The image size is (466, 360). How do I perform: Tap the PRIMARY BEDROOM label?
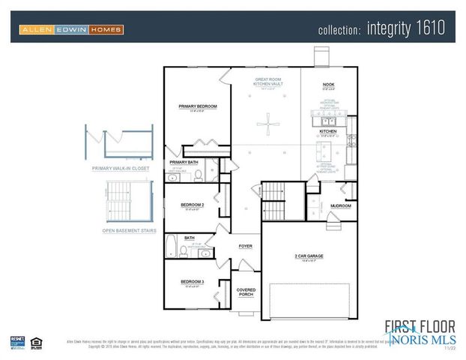(198, 106)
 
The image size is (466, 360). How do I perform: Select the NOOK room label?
(328, 85)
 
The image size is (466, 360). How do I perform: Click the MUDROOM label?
(341, 205)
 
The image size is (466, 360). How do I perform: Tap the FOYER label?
(245, 245)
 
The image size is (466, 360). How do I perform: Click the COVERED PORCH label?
(246, 292)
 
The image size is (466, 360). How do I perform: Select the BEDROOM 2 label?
(192, 204)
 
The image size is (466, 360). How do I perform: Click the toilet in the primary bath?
(199, 175)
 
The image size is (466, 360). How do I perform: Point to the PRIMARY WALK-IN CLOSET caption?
(121, 169)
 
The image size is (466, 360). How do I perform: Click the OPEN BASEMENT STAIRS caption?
(129, 231)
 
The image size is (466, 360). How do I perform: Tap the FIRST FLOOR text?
(420, 325)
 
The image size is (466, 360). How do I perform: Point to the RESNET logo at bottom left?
(17, 342)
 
